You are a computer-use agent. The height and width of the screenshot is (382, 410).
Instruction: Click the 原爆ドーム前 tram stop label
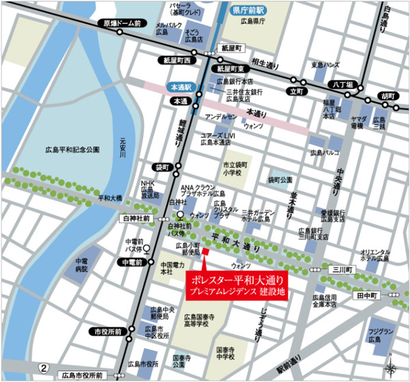pyautogui.click(x=122, y=23)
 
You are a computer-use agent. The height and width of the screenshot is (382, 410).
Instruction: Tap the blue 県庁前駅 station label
pyautogui.click(x=247, y=12)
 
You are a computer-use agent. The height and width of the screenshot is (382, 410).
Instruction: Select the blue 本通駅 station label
pyautogui.click(x=182, y=87)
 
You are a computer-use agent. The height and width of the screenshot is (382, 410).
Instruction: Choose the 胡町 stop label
pyautogui.click(x=387, y=96)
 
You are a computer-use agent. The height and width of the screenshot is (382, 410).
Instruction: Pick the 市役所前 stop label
pyautogui.click(x=109, y=331)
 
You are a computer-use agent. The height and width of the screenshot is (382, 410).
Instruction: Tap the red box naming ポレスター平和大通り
pyautogui.click(x=236, y=286)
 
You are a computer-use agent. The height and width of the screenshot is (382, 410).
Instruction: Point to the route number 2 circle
pyautogui.click(x=44, y=368)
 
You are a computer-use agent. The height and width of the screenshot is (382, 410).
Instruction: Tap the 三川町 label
pyautogui.click(x=339, y=269)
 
